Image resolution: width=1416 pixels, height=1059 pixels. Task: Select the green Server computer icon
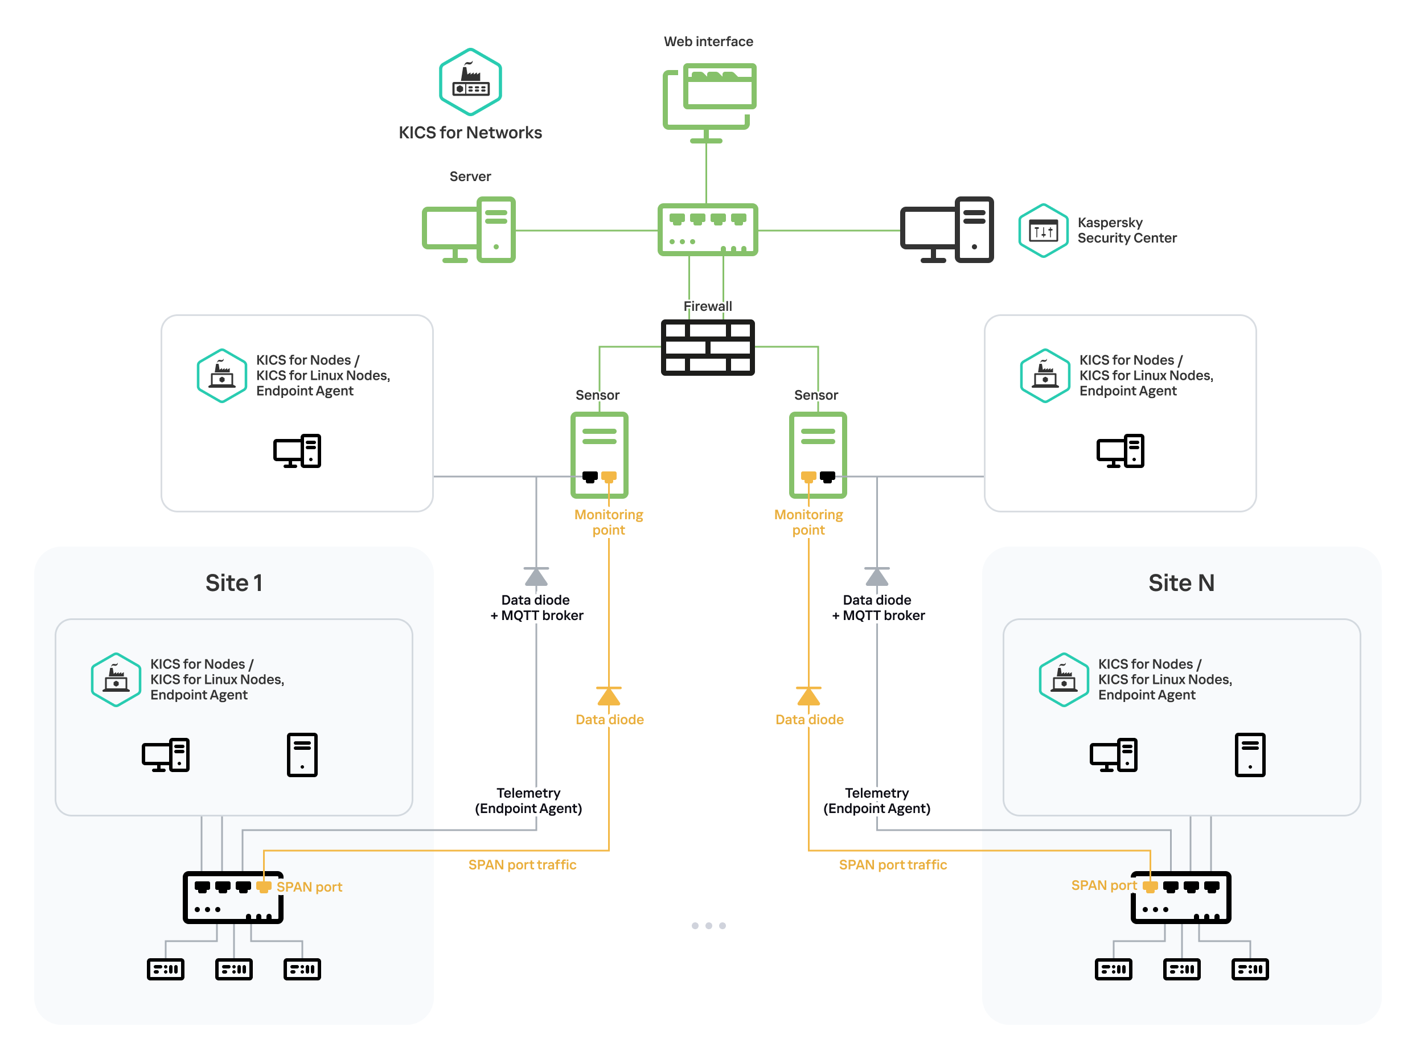tap(469, 230)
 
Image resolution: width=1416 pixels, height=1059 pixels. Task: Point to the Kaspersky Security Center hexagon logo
tap(1043, 231)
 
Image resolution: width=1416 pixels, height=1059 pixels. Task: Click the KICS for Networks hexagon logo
tap(470, 82)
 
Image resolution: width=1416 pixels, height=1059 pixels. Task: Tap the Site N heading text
tap(1181, 582)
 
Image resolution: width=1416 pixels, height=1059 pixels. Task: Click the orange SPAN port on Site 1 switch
tap(264, 886)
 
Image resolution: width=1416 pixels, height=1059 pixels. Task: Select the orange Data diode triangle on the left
tap(608, 696)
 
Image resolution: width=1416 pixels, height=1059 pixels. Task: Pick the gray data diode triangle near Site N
tap(876, 577)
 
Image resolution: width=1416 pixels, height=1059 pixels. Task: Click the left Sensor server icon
tap(599, 454)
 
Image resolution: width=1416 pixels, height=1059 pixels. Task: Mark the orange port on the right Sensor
tap(808, 477)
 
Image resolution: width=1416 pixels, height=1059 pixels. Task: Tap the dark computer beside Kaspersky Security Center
tap(947, 230)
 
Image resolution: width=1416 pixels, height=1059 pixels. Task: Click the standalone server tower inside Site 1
tap(302, 754)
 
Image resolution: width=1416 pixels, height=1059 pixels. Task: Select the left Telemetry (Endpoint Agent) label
tap(528, 801)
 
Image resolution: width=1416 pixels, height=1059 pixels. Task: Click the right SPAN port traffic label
tap(892, 864)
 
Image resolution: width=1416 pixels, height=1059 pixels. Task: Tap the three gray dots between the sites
tap(708, 925)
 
